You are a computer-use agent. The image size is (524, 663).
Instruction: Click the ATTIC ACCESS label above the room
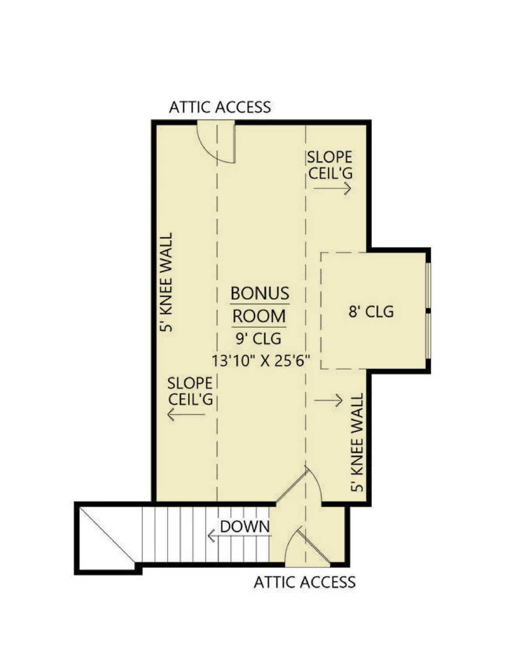(220, 107)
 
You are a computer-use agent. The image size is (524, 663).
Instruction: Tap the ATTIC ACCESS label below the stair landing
(305, 582)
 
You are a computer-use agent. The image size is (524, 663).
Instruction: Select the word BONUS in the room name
(260, 293)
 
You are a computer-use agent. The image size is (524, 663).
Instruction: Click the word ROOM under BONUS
(259, 316)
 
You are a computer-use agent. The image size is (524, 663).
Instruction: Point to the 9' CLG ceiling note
(259, 338)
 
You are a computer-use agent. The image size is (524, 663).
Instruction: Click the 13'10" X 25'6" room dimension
(261, 360)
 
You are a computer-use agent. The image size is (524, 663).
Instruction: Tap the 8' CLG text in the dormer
(371, 311)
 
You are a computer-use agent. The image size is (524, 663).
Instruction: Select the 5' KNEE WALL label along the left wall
(166, 282)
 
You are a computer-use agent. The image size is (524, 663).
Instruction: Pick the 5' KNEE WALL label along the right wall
(358, 442)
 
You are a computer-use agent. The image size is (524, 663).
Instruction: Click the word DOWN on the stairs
(245, 526)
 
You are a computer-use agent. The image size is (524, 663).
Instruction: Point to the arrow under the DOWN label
(239, 536)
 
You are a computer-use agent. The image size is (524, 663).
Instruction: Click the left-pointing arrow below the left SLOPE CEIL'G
(186, 414)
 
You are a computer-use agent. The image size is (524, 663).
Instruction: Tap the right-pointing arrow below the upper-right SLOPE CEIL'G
(332, 188)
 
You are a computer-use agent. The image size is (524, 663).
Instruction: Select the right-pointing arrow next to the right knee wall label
(328, 400)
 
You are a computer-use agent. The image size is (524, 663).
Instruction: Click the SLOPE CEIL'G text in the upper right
(330, 165)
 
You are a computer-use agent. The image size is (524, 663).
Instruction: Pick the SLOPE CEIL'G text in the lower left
(190, 391)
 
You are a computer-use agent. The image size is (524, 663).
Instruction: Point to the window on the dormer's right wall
(428, 311)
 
